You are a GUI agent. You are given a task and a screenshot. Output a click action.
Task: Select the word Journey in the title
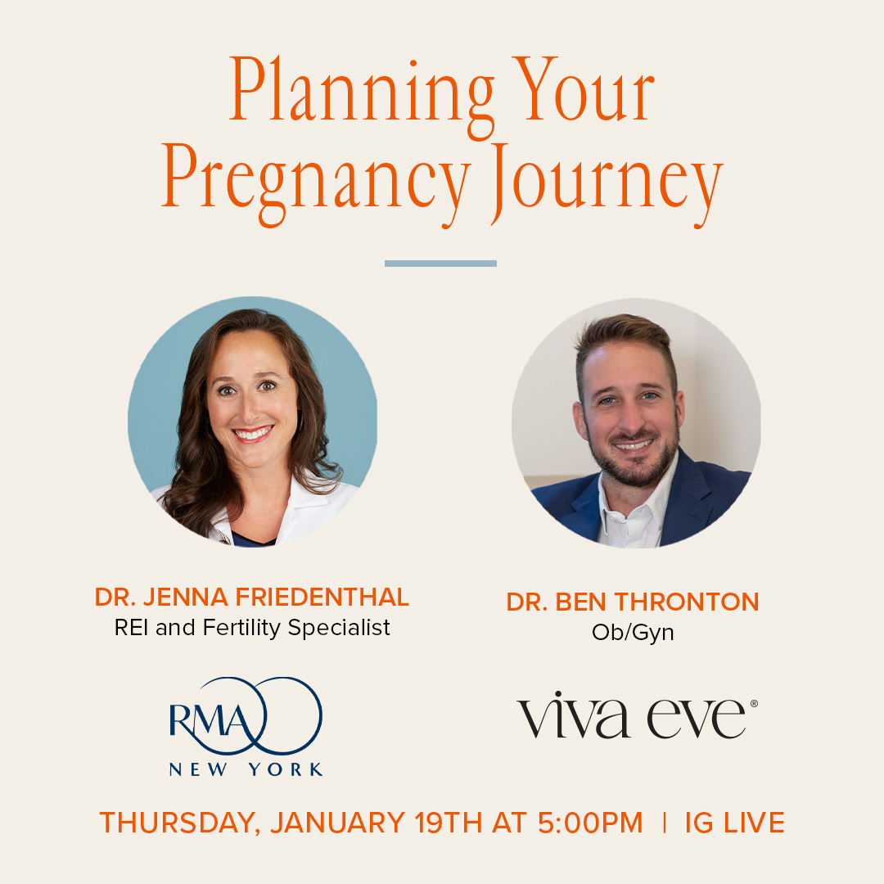click(606, 184)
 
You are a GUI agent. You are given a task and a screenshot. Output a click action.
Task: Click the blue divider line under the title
click(440, 264)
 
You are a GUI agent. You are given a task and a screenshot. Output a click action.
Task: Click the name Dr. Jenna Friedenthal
click(252, 597)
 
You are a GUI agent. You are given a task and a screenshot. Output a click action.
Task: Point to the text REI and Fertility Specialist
click(252, 628)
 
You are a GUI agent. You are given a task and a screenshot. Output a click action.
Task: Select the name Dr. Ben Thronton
click(633, 602)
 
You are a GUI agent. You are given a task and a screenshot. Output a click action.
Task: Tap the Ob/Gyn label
click(633, 633)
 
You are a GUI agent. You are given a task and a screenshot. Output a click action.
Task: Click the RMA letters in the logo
click(211, 720)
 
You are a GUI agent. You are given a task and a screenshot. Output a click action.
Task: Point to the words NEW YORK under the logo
click(246, 769)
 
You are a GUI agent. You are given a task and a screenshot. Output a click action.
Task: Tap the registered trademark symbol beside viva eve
click(755, 704)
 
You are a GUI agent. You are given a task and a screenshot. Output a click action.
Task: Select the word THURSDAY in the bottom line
click(180, 823)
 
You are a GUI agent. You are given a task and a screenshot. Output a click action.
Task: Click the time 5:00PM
click(590, 823)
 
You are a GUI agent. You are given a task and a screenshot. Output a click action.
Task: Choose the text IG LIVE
click(734, 823)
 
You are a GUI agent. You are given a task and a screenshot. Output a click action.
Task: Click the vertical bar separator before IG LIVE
click(665, 823)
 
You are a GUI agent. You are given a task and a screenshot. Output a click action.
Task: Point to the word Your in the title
click(585, 89)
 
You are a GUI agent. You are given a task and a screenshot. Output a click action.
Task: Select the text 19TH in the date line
click(449, 823)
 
